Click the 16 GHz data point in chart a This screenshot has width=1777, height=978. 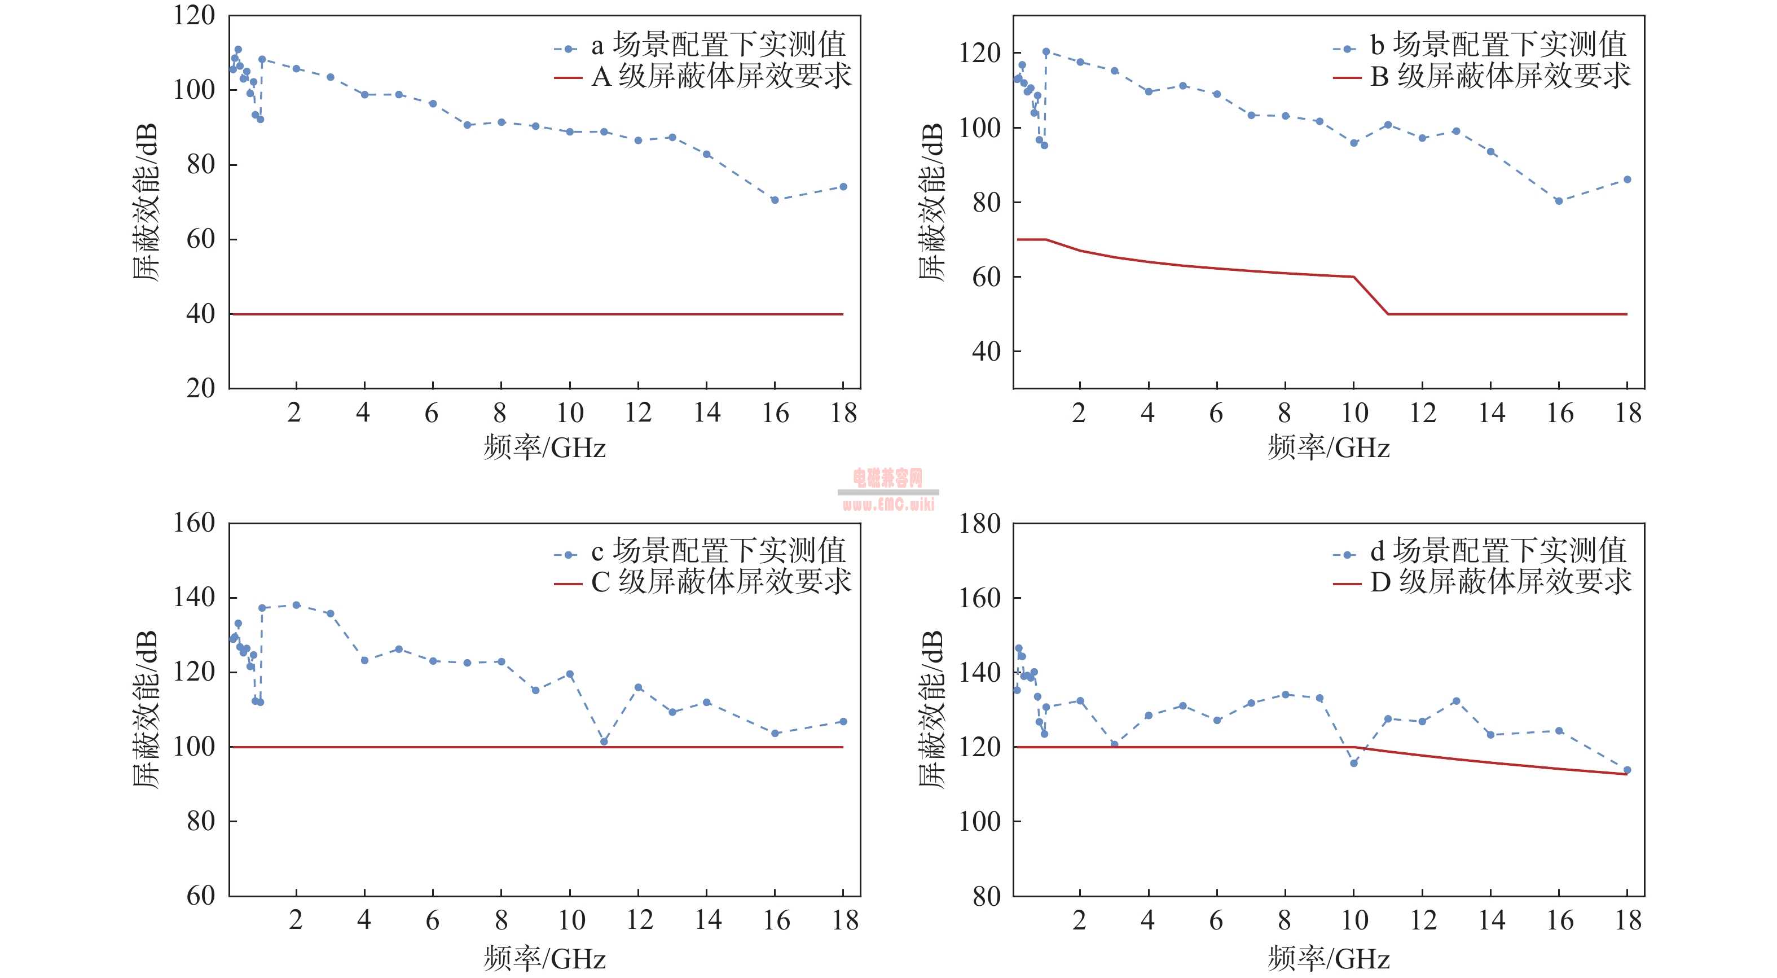[775, 200]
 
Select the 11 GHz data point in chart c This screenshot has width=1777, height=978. [604, 742]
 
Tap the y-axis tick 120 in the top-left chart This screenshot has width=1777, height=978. [194, 16]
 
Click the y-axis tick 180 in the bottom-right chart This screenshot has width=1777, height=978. [979, 524]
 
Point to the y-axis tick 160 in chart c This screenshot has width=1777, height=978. [194, 523]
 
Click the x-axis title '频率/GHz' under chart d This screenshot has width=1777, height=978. [1329, 959]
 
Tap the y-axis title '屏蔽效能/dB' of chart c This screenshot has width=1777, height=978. [146, 709]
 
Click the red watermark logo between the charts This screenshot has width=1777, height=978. [888, 489]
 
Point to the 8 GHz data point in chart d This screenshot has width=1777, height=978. [1285, 694]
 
